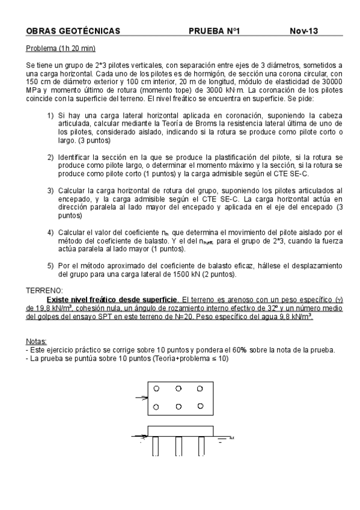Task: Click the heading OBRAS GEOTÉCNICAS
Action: [x=73, y=31]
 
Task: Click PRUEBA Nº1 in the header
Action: [x=214, y=31]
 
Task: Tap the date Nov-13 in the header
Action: [x=304, y=31]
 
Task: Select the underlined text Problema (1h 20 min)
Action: [x=61, y=48]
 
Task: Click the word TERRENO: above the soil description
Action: [x=44, y=290]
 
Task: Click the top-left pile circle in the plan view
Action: [x=156, y=388]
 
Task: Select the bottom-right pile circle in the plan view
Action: [x=201, y=407]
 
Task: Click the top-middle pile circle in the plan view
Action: [x=179, y=388]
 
